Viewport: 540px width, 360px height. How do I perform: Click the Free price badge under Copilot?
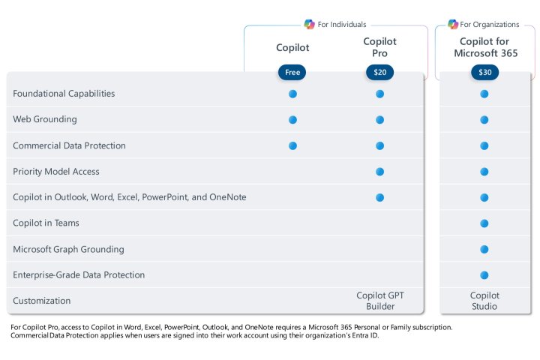pyautogui.click(x=292, y=73)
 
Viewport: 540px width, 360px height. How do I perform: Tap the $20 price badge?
pyautogui.click(x=379, y=73)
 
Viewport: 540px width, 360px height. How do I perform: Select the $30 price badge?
pyautogui.click(x=484, y=73)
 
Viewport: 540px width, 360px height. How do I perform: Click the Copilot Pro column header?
pyautogui.click(x=379, y=47)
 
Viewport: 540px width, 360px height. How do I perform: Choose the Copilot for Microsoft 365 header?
pyautogui.click(x=484, y=47)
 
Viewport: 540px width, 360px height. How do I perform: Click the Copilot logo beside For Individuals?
pyautogui.click(x=309, y=24)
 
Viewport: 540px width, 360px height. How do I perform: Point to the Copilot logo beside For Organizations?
pyautogui.click(x=453, y=24)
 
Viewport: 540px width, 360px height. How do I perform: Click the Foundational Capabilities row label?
pyautogui.click(x=64, y=94)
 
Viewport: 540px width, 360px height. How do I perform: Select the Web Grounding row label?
pyautogui.click(x=44, y=119)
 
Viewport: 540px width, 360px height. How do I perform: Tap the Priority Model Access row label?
pyautogui.click(x=56, y=172)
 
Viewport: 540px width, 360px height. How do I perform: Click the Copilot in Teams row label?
pyautogui.click(x=46, y=223)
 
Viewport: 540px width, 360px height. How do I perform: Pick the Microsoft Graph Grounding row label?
pyautogui.click(x=68, y=249)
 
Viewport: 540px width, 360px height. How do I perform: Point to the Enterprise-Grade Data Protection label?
pyautogui.click(x=79, y=275)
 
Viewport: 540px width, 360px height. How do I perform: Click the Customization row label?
pyautogui.click(x=41, y=301)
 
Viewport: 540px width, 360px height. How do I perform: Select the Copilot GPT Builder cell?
pyautogui.click(x=379, y=301)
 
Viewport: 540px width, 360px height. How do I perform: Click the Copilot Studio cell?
pyautogui.click(x=484, y=301)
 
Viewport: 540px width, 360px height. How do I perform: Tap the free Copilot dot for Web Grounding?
pyautogui.click(x=292, y=120)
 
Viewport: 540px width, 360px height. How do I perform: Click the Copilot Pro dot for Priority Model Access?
pyautogui.click(x=379, y=172)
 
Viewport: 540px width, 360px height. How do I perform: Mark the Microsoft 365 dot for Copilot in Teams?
pyautogui.click(x=484, y=223)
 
